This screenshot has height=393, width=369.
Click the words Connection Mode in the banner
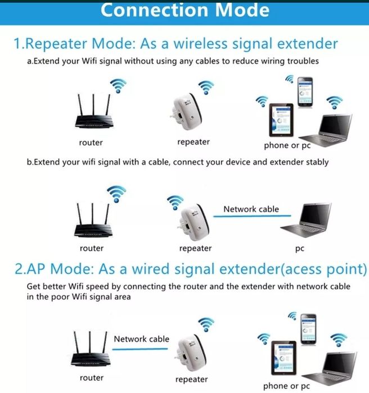tap(184, 11)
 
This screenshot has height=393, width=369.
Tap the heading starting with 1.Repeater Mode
tap(175, 44)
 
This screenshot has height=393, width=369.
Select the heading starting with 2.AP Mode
tap(191, 269)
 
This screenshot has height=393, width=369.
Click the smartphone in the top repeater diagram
tap(305, 92)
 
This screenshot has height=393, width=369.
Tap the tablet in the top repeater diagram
tap(281, 120)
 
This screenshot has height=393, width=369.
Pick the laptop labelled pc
tap(307, 220)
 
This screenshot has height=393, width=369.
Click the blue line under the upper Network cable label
tap(252, 216)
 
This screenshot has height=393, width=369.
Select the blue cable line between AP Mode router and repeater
tap(140, 349)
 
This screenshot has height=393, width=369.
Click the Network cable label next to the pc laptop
tap(251, 209)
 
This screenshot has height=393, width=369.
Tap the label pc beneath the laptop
tap(300, 249)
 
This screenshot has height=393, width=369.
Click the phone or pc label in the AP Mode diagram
tap(286, 386)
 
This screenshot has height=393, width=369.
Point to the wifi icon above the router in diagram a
tap(118, 85)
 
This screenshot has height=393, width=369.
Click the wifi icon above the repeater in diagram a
tap(206, 88)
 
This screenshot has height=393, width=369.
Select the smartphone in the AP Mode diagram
tap(308, 329)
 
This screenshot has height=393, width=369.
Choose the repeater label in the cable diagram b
tap(196, 249)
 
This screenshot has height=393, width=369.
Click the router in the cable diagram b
tap(93, 220)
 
